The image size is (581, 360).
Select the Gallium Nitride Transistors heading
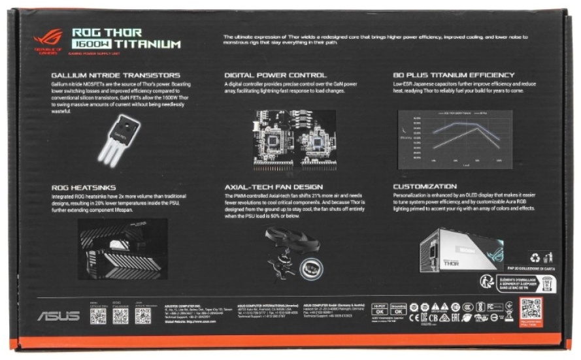pyautogui.click(x=115, y=75)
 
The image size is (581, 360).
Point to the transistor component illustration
pyautogui.click(x=119, y=138)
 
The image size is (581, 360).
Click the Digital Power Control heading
pyautogui.click(x=275, y=75)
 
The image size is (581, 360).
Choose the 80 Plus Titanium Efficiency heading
pyautogui.click(x=454, y=75)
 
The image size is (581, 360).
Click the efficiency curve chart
pyautogui.click(x=455, y=137)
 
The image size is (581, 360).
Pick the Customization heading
pyautogui.click(x=424, y=187)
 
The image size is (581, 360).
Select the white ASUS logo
pyautogui.click(x=58, y=316)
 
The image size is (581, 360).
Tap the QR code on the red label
pyautogui.click(x=531, y=307)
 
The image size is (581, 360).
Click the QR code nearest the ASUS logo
pyautogui.click(x=97, y=316)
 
